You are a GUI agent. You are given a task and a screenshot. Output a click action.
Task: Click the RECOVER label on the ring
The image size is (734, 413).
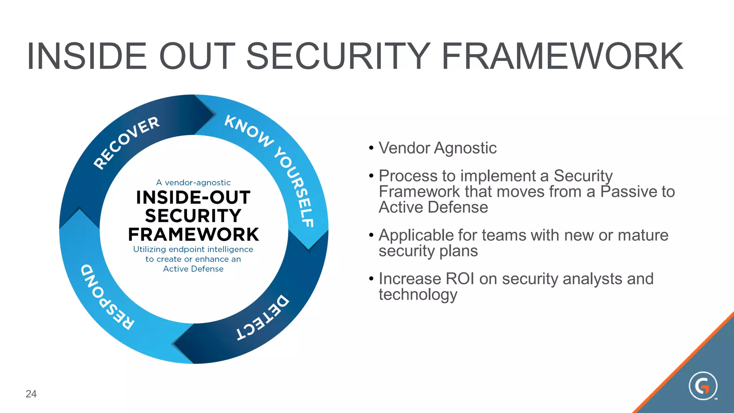[x=126, y=143]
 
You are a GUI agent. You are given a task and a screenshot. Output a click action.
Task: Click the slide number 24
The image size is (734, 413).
[x=31, y=394]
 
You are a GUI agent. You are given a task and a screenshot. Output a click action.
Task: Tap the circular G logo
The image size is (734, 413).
[x=703, y=386]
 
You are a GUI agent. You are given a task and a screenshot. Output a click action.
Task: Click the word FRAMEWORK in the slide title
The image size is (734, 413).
[x=562, y=56]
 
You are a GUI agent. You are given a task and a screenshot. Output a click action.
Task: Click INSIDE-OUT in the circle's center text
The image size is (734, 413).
[x=193, y=198]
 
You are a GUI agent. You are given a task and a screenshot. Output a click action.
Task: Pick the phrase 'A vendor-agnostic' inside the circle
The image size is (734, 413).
[x=193, y=182]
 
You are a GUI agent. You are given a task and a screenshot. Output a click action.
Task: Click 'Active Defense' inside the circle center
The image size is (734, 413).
[x=193, y=269]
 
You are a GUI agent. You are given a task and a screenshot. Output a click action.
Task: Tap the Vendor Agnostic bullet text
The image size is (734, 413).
[x=438, y=148]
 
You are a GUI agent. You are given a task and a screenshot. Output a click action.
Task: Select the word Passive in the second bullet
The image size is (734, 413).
[x=620, y=192]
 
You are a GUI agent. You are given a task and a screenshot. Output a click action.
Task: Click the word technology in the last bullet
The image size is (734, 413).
[x=418, y=295]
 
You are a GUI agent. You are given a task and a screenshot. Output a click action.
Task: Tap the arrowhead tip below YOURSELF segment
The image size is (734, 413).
[x=309, y=248]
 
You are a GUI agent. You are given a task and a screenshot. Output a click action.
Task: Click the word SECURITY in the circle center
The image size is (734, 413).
[x=193, y=216]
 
